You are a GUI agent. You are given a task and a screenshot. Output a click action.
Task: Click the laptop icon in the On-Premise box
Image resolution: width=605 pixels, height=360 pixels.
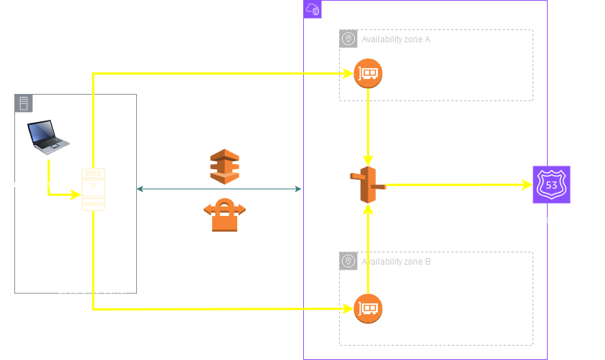[48, 137]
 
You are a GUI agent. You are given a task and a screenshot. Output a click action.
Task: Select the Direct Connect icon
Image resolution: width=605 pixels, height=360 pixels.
[224, 166]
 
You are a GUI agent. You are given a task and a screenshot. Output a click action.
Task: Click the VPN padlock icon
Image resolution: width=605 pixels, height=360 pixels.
[224, 215]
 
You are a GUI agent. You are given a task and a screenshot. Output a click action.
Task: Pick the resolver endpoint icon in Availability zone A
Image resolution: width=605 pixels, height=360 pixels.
[368, 73]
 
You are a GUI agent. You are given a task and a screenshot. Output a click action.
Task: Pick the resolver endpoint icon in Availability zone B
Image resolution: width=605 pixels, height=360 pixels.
[368, 308]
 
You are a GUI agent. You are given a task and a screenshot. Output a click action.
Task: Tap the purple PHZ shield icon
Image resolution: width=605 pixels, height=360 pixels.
[551, 184]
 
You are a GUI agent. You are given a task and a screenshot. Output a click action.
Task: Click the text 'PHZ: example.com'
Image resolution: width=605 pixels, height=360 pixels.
[551, 220]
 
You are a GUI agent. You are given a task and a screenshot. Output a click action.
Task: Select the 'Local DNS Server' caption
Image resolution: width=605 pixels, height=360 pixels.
[92, 290]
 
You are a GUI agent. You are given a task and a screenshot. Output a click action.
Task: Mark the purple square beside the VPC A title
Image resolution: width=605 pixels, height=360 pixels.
[313, 9]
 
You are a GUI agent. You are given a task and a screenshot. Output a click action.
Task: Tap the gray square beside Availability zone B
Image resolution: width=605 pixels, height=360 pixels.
[348, 262]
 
